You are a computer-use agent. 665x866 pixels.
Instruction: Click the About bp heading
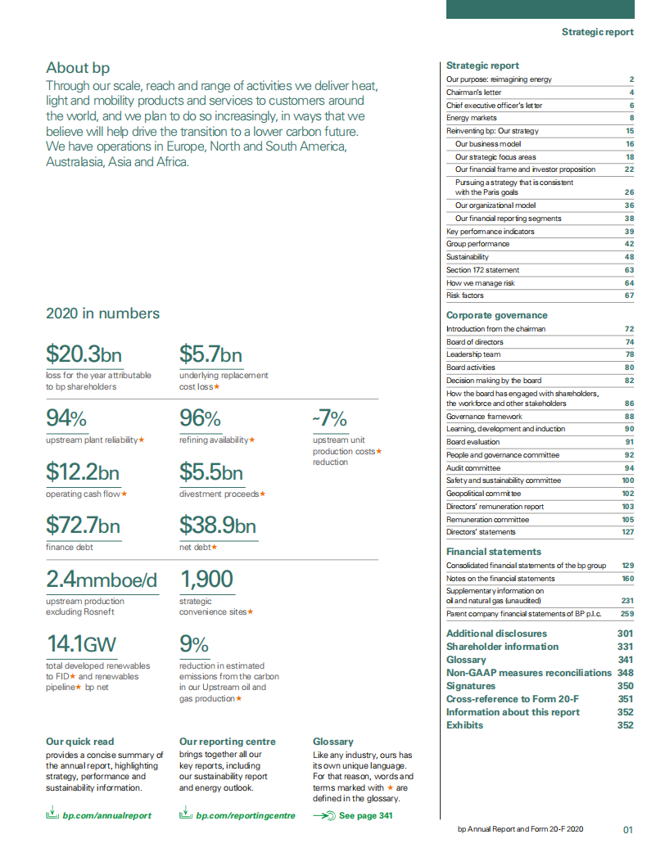[x=78, y=68]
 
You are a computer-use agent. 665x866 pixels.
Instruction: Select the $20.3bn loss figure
[x=84, y=354]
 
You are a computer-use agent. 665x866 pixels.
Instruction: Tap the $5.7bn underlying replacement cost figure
[x=210, y=354]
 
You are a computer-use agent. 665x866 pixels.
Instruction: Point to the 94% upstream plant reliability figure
[x=66, y=419]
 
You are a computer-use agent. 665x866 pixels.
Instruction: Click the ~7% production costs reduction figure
[x=329, y=419]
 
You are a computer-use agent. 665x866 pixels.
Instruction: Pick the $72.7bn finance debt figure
[x=83, y=525]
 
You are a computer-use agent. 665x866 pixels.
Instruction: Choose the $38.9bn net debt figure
[x=217, y=525]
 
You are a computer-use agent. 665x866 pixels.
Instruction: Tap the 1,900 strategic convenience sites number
[x=206, y=580]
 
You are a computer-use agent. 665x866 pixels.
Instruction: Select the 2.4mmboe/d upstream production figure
[x=101, y=580]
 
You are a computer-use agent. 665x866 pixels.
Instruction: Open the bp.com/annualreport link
[x=106, y=815]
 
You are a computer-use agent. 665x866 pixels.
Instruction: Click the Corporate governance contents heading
[x=496, y=315]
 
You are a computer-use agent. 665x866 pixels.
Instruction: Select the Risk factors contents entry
[x=465, y=295]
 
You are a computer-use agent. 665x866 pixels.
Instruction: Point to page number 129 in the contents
[x=628, y=566]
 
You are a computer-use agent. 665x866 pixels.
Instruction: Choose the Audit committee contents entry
[x=473, y=467]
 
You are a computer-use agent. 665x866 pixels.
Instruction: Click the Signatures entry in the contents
[x=471, y=686]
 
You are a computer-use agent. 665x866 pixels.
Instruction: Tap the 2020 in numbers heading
[x=102, y=313]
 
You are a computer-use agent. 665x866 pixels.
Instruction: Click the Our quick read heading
[x=80, y=742]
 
